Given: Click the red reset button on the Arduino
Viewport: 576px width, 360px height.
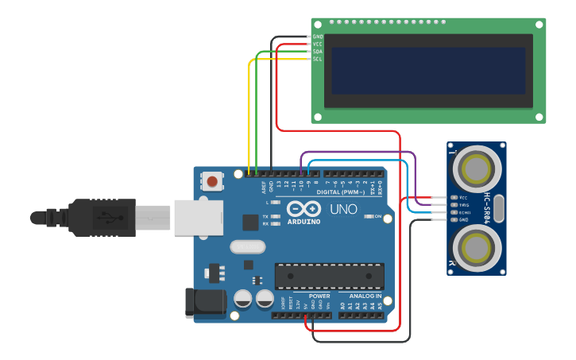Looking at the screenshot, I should pyautogui.click(x=212, y=182).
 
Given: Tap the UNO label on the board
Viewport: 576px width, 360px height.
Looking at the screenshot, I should pyautogui.click(x=343, y=210).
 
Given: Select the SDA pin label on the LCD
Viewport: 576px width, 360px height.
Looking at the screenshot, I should pyautogui.click(x=317, y=52).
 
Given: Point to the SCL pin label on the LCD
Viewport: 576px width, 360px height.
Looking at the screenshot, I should pyautogui.click(x=317, y=59).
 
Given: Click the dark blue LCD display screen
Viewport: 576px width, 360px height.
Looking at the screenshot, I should pyautogui.click(x=428, y=70).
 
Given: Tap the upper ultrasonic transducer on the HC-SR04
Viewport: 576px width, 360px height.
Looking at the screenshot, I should pyautogui.click(x=476, y=168).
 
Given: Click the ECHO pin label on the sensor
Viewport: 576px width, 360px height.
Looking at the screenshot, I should pyautogui.click(x=464, y=212).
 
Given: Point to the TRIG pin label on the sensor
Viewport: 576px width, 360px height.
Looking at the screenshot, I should pyautogui.click(x=464, y=204).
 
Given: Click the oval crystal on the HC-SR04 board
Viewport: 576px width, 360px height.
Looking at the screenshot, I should pyautogui.click(x=499, y=208).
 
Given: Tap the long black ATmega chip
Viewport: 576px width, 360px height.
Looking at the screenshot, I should pyautogui.click(x=329, y=276).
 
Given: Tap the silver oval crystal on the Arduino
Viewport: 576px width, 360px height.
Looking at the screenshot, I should pyautogui.click(x=247, y=247).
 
